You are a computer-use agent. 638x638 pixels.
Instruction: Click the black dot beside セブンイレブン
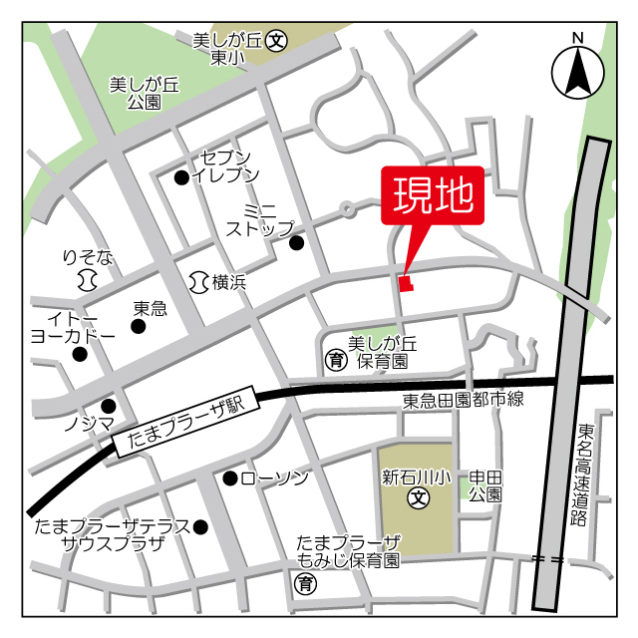coord(181,177)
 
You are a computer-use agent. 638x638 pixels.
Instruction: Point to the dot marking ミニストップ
coord(296,242)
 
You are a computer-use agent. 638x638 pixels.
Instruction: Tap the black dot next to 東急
coord(139,326)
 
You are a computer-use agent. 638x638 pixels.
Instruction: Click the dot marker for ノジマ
coord(109,406)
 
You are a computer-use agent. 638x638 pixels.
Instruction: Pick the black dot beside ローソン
coord(230,478)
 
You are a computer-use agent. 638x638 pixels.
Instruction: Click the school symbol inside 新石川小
coord(419,496)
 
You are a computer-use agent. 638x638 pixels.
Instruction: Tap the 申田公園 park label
coord(484,485)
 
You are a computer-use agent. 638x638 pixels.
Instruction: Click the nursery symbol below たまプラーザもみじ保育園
coord(307,583)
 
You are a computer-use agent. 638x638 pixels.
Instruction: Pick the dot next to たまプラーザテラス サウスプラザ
coord(200,526)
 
